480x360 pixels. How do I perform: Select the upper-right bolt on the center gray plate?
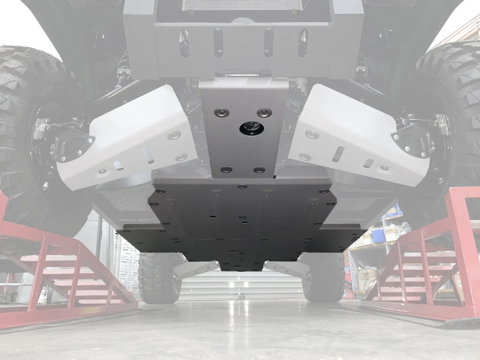click(x=264, y=112)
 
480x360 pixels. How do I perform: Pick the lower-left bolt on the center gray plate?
click(x=226, y=170)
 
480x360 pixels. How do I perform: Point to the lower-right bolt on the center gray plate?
click(x=259, y=170)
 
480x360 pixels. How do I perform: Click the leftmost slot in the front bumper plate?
click(x=184, y=43)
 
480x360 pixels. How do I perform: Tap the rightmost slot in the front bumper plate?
click(x=303, y=42)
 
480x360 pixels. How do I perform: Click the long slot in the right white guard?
click(x=338, y=154)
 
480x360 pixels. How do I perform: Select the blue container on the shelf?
click(x=378, y=236)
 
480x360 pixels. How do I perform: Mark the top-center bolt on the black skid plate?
click(x=242, y=186)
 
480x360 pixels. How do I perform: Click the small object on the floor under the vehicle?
click(x=241, y=296)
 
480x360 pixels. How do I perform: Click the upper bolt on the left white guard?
click(x=174, y=135)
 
